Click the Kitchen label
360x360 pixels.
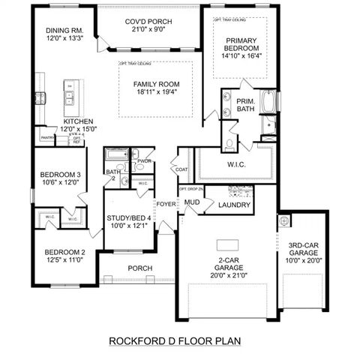(x=78, y=121)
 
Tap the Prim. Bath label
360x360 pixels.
(x=245, y=105)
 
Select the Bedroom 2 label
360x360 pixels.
(x=64, y=251)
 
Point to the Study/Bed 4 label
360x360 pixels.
(x=129, y=218)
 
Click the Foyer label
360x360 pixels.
(x=165, y=203)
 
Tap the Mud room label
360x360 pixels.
(x=191, y=202)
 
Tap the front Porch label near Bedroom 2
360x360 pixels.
(x=139, y=268)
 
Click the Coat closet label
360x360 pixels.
(x=182, y=169)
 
